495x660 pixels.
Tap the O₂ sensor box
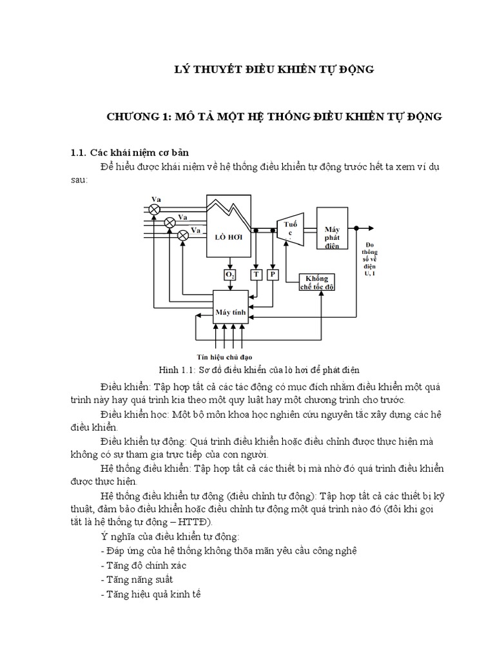(x=229, y=275)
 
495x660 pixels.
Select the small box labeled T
(x=256, y=275)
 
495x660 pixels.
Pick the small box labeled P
(x=273, y=275)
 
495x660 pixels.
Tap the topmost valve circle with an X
(x=155, y=209)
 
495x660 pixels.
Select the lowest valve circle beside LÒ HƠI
(x=183, y=235)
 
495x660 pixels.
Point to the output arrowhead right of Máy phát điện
(x=370, y=228)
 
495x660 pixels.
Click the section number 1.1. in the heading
(x=78, y=153)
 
